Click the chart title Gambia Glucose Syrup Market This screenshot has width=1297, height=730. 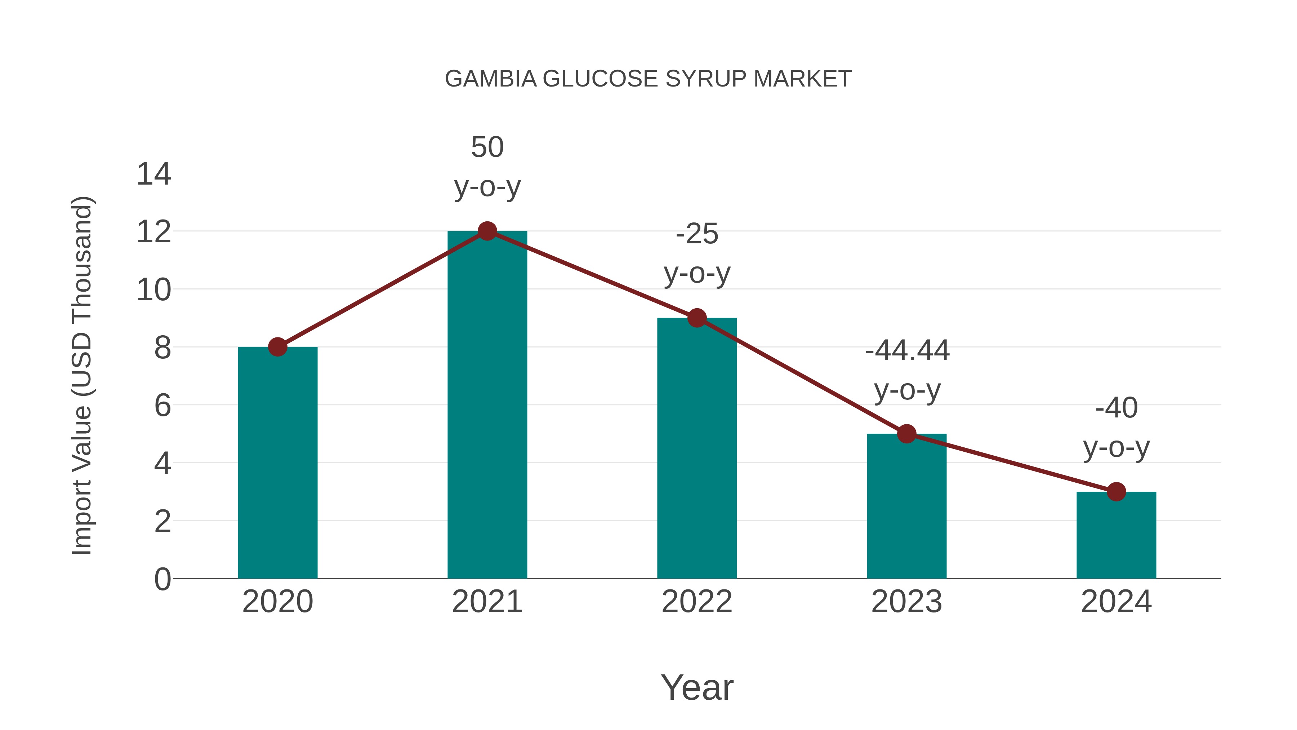click(648, 79)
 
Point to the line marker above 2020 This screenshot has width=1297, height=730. click(277, 346)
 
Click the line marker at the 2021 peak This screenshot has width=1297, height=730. click(487, 231)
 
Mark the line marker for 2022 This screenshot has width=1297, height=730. click(697, 318)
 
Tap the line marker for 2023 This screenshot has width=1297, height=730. click(906, 434)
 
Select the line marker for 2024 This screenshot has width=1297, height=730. click(1116, 492)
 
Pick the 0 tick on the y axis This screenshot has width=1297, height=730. click(162, 579)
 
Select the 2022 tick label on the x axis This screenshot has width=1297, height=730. click(697, 602)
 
